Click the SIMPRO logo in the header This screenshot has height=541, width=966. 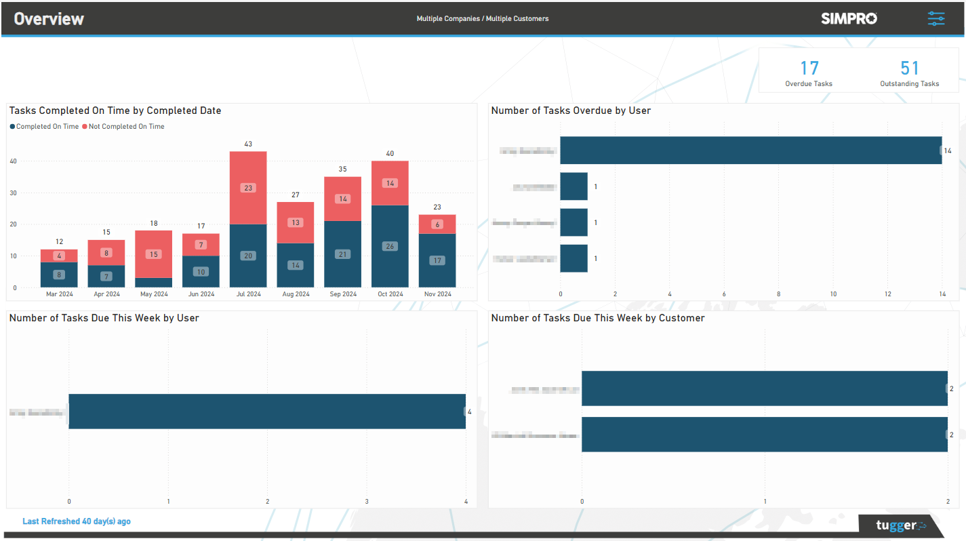pos(849,18)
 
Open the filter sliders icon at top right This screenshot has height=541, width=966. pos(936,18)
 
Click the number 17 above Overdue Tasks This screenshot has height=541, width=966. pos(809,68)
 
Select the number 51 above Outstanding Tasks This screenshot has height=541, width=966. pos(910,68)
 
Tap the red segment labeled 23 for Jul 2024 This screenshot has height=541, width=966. pos(248,188)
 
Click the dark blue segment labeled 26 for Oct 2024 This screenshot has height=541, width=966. pos(390,246)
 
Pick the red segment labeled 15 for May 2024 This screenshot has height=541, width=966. pos(153,254)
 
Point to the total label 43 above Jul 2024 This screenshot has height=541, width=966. pos(248,144)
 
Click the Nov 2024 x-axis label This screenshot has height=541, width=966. pos(437,294)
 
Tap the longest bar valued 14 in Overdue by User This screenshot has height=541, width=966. pos(750,151)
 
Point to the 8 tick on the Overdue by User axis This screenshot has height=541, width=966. pos(778,294)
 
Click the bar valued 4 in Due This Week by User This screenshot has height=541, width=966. pos(266,412)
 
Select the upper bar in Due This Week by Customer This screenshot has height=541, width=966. pos(764,388)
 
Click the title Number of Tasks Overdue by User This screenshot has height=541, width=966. pos(571,111)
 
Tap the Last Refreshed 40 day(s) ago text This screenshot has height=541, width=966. pos(77,521)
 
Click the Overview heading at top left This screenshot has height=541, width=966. pos(49,19)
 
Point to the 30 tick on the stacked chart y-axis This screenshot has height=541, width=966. pos(13,193)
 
